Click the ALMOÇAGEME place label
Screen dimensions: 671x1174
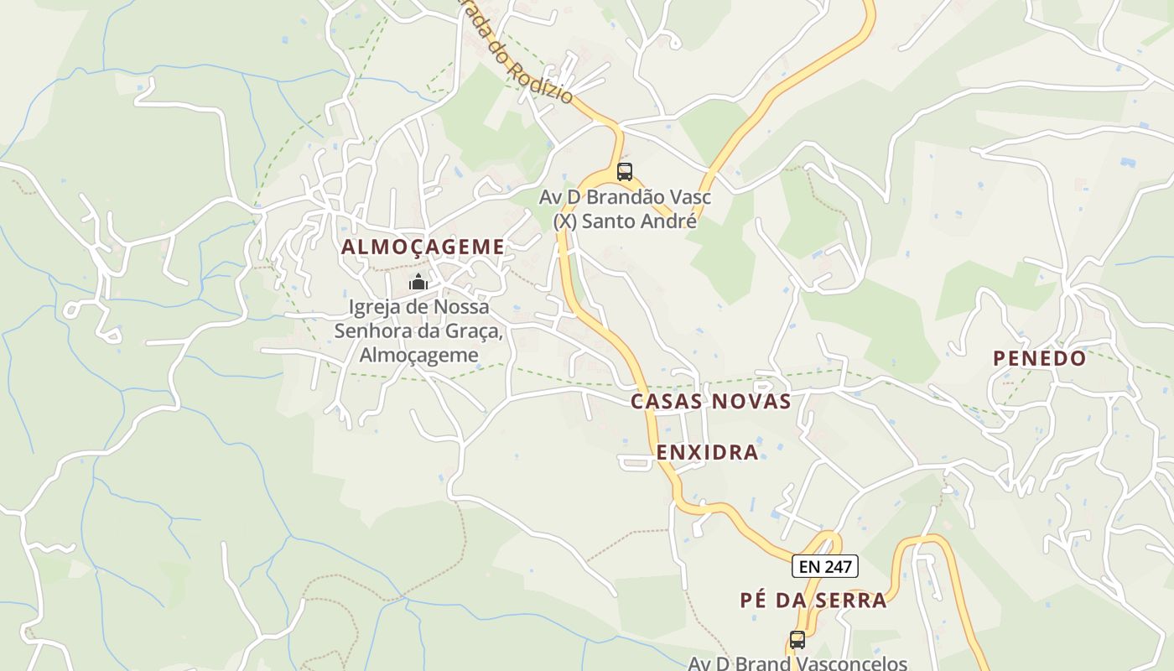click(423, 247)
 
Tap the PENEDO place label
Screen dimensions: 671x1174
click(1039, 358)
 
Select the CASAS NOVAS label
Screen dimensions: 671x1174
click(710, 401)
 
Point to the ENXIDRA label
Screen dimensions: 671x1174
click(707, 452)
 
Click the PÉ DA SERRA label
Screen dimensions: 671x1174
click(813, 600)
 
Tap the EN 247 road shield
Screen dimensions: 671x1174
click(824, 567)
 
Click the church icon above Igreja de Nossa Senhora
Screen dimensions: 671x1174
click(418, 282)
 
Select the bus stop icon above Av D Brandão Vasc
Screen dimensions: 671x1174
click(624, 172)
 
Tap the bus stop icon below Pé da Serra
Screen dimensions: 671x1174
click(797, 640)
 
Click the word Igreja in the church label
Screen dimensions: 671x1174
click(374, 307)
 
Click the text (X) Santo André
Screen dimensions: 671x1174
click(625, 221)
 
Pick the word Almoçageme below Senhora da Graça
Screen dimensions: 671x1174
click(418, 355)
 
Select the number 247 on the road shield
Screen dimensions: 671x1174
click(837, 567)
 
